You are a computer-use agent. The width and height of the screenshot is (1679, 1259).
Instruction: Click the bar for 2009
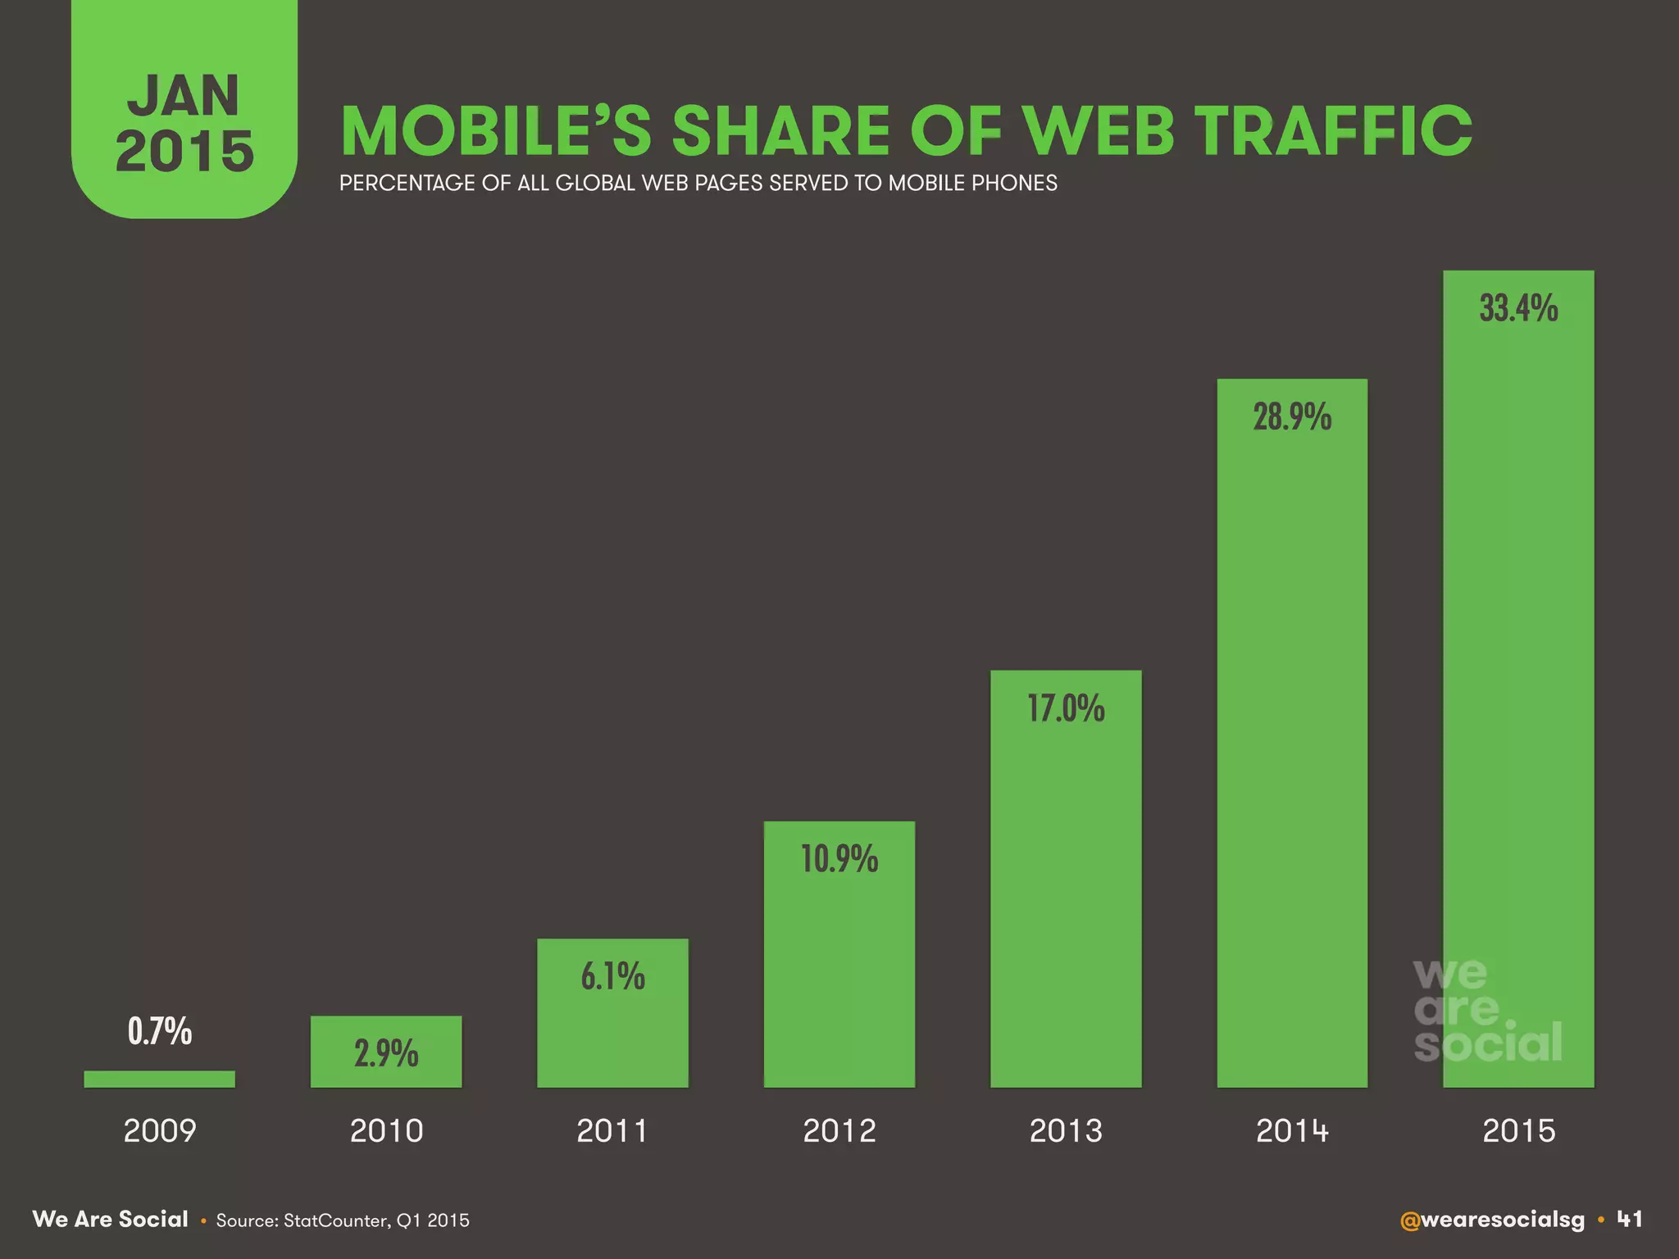tap(159, 1079)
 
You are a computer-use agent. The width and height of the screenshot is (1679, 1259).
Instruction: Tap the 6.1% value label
tap(612, 976)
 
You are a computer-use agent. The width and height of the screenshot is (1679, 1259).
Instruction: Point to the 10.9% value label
tap(839, 859)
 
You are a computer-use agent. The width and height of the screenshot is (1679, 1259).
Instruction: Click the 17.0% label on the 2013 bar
tap(1066, 708)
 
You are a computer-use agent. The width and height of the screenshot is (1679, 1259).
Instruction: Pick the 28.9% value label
tap(1292, 417)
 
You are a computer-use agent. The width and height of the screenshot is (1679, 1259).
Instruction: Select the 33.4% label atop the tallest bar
tap(1518, 308)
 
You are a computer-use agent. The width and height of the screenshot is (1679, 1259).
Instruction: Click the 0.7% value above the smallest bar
tap(159, 1030)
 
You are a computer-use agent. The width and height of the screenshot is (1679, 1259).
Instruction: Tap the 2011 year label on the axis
tap(612, 1131)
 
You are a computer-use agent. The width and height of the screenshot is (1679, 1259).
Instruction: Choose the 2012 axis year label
tap(839, 1131)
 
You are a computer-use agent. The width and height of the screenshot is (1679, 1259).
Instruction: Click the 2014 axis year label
tap(1292, 1131)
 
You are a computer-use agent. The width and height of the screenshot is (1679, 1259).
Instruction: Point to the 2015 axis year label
tap(1518, 1131)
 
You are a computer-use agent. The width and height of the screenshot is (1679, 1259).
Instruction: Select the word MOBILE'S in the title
tap(496, 131)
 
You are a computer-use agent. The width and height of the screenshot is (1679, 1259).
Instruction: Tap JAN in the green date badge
tap(184, 96)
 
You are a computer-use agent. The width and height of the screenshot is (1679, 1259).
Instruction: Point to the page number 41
tap(1630, 1220)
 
